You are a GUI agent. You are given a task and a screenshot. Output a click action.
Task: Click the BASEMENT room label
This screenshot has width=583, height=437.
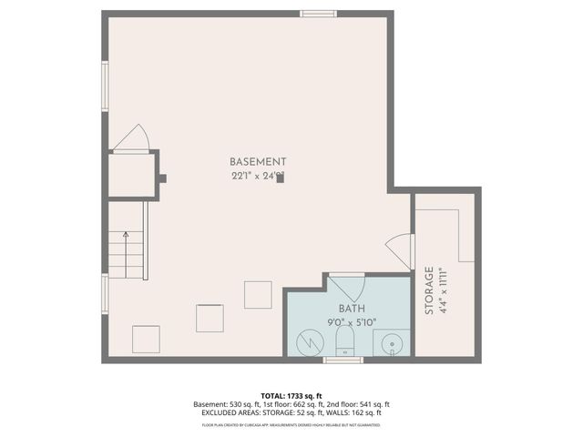point(258,161)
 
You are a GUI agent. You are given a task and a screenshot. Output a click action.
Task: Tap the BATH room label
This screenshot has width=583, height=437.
point(352,309)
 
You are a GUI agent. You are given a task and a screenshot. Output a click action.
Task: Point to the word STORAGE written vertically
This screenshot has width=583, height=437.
point(429,291)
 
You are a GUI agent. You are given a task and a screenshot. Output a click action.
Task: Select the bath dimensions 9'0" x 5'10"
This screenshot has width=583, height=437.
point(352,322)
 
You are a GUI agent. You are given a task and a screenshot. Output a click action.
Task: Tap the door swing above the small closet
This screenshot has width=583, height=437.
point(133,137)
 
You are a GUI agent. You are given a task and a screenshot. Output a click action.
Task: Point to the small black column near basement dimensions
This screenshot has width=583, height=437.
point(281,178)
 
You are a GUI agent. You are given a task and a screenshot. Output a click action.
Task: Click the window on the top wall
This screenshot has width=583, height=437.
point(319,14)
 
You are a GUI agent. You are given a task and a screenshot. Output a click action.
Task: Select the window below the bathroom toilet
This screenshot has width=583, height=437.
point(343,361)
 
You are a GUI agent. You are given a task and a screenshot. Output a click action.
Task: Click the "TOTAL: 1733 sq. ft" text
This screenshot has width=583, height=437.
point(291,395)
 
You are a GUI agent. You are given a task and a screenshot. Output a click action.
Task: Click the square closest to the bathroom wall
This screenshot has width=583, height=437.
point(258,295)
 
